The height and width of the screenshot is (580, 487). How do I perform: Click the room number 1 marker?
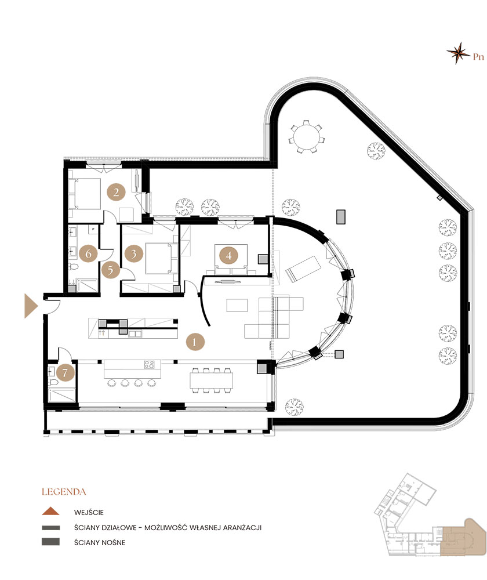click(195, 342)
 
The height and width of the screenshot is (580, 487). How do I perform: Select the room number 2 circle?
click(116, 192)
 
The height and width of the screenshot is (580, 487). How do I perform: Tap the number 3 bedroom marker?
click(134, 253)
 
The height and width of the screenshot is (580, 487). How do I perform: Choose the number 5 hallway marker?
click(110, 270)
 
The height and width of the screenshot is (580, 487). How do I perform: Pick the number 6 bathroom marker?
click(88, 253)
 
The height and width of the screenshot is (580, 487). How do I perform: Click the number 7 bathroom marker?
click(66, 372)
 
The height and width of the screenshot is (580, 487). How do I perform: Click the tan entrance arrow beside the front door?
click(31, 306)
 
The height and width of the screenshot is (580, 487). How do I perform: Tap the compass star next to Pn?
click(459, 53)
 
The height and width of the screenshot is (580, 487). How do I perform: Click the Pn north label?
click(478, 57)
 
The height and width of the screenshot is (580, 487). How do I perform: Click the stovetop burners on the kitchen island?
click(149, 365)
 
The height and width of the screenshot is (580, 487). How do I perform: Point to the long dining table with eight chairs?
click(212, 380)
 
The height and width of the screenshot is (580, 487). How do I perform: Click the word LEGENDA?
click(64, 492)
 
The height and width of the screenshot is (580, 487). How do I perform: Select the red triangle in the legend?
click(50, 512)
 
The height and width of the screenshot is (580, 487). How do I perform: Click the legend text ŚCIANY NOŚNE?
click(100, 542)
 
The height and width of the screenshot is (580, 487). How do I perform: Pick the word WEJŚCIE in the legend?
click(89, 512)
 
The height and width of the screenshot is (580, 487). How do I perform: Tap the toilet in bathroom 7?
click(53, 382)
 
